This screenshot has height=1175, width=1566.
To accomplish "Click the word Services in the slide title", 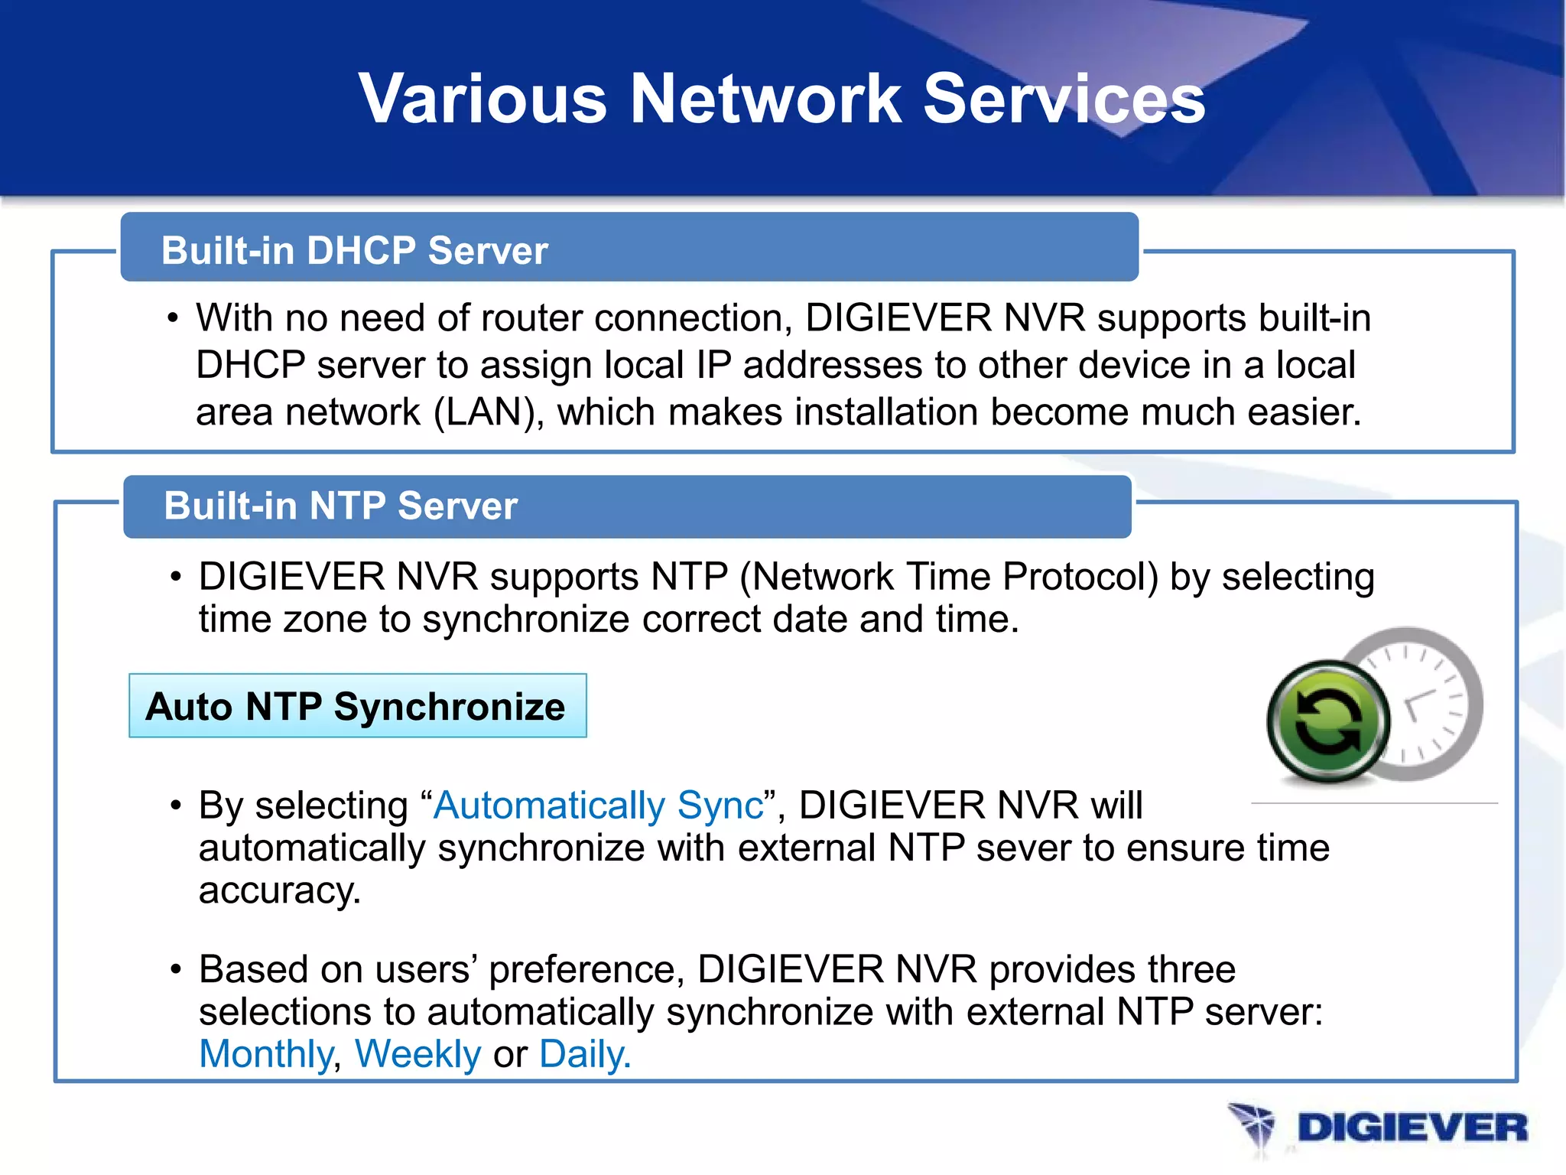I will [1064, 99].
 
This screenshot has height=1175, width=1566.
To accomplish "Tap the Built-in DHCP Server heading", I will [354, 251].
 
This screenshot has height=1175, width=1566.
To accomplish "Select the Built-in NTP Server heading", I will [341, 506].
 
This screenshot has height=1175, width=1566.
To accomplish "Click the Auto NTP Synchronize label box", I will [357, 706].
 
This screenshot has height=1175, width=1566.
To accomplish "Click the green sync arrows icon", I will [1328, 721].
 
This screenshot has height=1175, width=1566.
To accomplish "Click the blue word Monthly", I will [265, 1054].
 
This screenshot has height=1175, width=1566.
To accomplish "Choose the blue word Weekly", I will [417, 1054].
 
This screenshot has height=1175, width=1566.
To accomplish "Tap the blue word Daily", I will [584, 1054].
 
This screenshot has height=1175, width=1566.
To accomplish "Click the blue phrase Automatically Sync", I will [599, 806].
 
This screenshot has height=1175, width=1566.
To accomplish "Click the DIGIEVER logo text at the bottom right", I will [1412, 1128].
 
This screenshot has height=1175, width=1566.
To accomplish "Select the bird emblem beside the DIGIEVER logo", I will [1252, 1128].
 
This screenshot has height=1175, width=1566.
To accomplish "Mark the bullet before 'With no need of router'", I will [174, 318].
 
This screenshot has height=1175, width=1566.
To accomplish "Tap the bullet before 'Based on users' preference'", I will [176, 970].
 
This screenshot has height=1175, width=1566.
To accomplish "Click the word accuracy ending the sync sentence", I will [278, 891].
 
